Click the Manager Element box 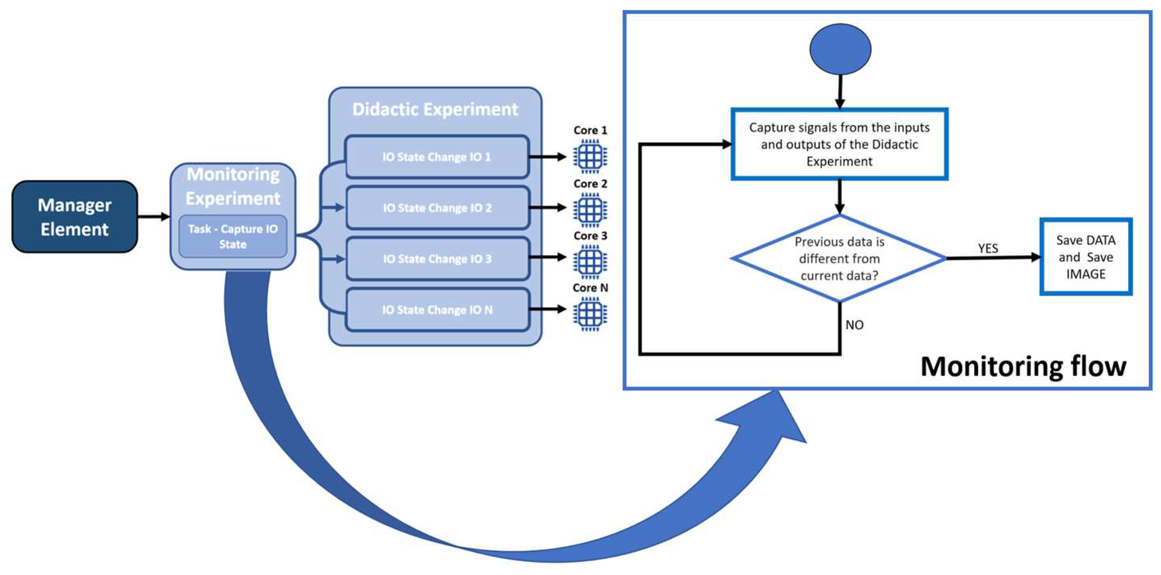75,217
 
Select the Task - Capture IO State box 233,237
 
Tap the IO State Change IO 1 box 437,157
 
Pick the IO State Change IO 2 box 437,208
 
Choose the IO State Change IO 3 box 437,258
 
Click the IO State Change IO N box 437,310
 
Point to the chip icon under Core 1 590,157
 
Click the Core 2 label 590,184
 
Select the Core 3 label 590,236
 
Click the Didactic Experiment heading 435,109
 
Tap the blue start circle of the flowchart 840,49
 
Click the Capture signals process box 839,144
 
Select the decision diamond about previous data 839,258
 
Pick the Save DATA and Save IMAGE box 1086,257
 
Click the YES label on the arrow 988,248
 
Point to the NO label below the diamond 854,325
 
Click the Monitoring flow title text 1023,366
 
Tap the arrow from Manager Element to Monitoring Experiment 154,217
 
